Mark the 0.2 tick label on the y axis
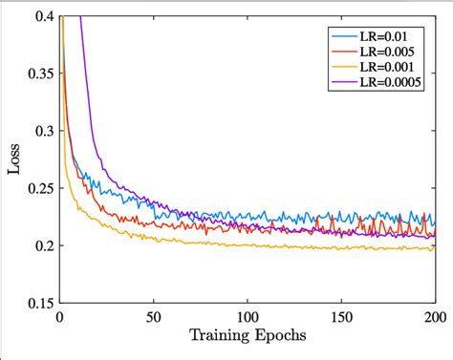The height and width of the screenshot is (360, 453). point(42,245)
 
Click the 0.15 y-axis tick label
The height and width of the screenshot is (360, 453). point(39,303)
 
